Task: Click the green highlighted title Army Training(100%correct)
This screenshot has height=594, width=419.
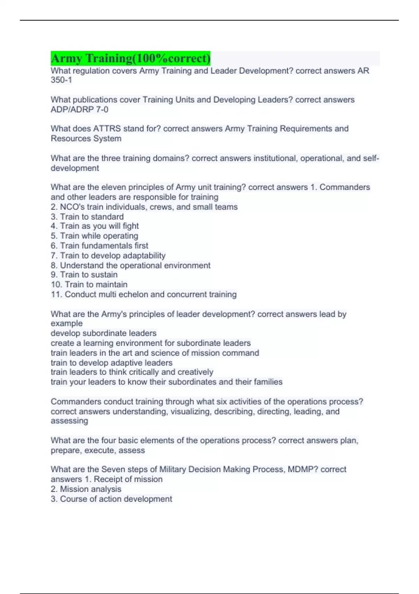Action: (x=131, y=58)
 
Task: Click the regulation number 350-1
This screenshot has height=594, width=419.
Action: (x=61, y=80)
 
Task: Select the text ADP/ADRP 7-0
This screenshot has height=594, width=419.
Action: (x=79, y=109)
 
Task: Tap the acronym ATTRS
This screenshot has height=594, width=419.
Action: (x=107, y=129)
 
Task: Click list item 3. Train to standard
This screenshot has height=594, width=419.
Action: (x=87, y=217)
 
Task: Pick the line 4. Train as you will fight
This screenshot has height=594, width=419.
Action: (x=95, y=226)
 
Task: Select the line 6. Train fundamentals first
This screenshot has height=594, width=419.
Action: (x=99, y=246)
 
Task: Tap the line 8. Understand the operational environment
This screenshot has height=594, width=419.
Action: (x=130, y=265)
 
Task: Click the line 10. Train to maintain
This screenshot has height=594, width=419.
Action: (x=89, y=284)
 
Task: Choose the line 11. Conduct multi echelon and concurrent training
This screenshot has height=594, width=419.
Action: (x=144, y=294)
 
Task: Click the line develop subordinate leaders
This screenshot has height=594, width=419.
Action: (x=103, y=333)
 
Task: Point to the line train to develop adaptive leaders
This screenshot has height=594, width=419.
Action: (x=111, y=363)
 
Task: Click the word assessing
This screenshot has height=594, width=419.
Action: (x=69, y=421)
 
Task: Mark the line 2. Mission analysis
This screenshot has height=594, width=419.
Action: (x=86, y=489)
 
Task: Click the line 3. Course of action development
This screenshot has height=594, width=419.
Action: (x=111, y=499)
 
